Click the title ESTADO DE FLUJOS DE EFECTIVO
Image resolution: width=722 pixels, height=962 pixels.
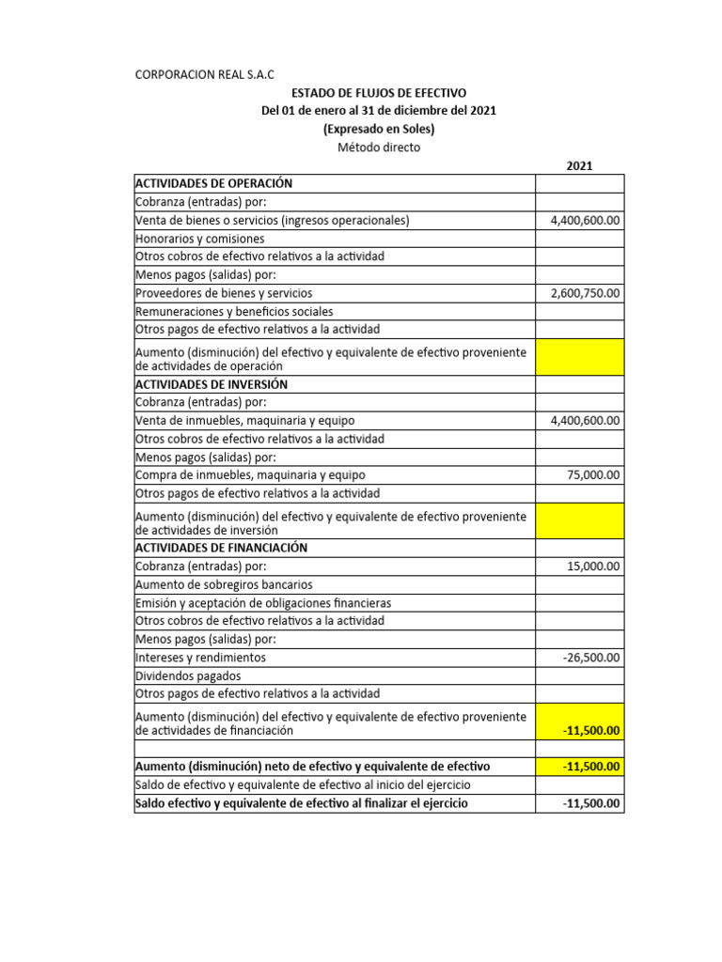[379, 92]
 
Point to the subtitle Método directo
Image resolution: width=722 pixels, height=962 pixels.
[379, 147]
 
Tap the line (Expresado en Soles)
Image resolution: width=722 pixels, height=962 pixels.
[379, 129]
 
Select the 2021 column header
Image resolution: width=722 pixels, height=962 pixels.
[579, 166]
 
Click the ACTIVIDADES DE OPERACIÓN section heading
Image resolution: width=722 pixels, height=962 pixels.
[214, 183]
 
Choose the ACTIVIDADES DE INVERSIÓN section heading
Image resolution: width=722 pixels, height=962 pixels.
[212, 384]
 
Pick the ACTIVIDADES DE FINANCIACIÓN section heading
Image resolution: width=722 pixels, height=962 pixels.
[221, 548]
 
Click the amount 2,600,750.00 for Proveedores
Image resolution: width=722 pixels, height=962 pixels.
[585, 293]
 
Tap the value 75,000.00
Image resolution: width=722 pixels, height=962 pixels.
[593, 475]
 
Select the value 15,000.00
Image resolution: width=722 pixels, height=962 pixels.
[593, 566]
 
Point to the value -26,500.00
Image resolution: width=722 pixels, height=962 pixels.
[591, 658]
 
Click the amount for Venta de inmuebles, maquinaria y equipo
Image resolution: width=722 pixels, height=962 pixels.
[585, 421]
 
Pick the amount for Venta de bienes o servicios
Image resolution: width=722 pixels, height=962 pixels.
[585, 220]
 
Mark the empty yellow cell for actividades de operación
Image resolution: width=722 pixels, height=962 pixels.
[579, 357]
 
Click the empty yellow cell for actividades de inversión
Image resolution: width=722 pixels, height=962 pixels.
[579, 520]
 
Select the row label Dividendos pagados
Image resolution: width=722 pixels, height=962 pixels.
[188, 675]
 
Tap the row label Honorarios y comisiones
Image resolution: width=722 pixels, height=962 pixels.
[200, 239]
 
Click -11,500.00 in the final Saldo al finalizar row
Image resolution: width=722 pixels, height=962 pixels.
[591, 803]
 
